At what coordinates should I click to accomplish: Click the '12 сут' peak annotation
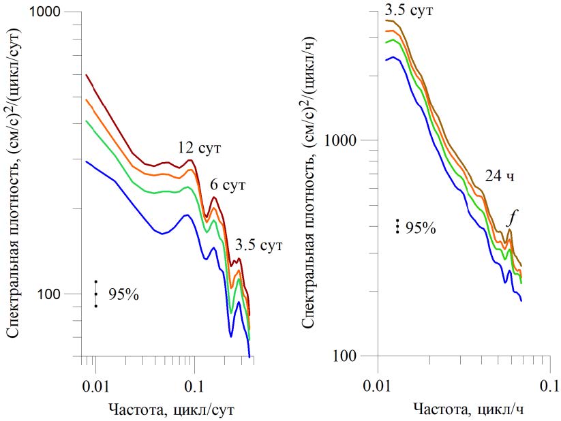click(200, 148)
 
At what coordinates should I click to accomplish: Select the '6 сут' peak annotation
click(226, 185)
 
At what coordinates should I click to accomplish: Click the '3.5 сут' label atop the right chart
click(409, 10)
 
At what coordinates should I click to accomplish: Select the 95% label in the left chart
click(123, 294)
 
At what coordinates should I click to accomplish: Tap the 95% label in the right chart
click(421, 228)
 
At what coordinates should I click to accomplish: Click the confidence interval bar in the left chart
click(96, 294)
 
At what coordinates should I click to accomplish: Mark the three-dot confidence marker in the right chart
click(397, 227)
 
